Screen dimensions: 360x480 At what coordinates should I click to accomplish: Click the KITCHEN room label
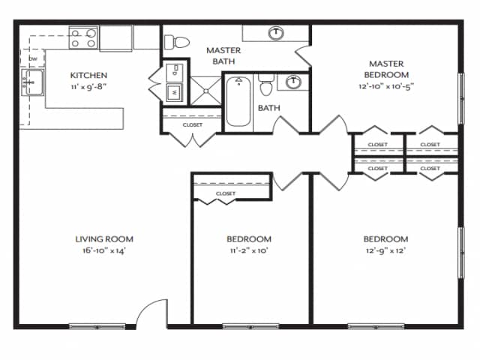88,75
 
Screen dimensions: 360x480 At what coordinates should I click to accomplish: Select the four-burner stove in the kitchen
83,37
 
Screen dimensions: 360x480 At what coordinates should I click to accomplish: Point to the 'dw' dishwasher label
33,58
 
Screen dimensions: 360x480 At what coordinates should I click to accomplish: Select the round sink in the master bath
277,32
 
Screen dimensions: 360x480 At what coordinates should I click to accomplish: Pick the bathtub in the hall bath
239,101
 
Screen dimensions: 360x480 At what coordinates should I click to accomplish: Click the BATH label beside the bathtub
268,108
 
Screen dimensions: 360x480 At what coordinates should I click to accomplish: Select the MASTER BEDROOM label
387,69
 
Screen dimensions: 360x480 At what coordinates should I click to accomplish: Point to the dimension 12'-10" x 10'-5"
387,85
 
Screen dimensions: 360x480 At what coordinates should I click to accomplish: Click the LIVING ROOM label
104,239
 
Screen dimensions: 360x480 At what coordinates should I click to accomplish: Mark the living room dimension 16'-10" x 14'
104,250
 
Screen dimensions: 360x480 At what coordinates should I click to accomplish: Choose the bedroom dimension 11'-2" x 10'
248,250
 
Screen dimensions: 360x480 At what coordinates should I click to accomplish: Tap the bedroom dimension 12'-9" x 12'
387,250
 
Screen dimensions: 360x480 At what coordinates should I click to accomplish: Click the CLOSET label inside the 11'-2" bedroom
225,193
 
